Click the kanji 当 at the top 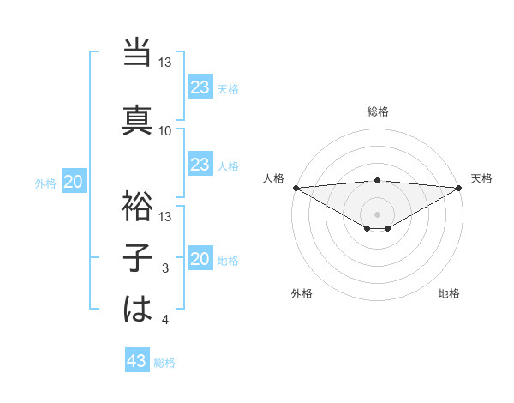[x=137, y=53]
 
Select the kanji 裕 [x=137, y=206]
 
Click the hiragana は [x=137, y=309]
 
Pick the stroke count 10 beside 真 [x=165, y=131]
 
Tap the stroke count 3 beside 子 [x=165, y=269]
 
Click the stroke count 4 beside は [x=165, y=320]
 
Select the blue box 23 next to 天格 [x=200, y=87]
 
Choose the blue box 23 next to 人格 [x=200, y=165]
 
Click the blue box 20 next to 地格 [x=200, y=260]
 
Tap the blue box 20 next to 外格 [x=74, y=182]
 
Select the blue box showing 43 [x=137, y=362]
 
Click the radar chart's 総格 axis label [x=377, y=112]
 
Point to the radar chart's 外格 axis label [x=302, y=293]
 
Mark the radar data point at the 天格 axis [x=458, y=188]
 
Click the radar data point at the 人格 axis [x=296, y=188]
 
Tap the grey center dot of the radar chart [x=377, y=214]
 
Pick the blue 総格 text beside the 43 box [x=165, y=363]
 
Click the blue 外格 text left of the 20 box [x=45, y=183]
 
